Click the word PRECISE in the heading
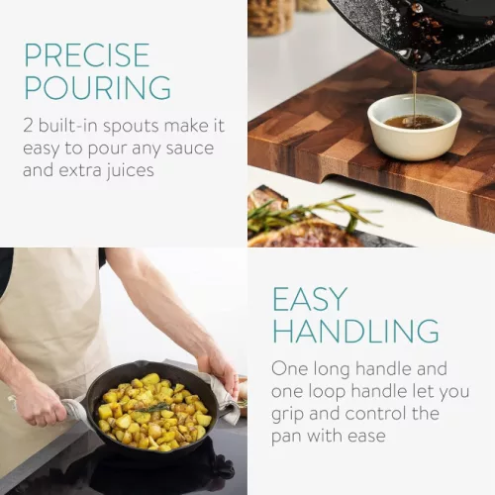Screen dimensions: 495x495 coord(87,54)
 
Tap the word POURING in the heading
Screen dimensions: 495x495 coord(98,87)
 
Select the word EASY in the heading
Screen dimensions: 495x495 coord(310,299)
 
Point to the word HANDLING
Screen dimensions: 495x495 coord(355,331)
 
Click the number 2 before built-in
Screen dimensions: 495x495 coord(28,126)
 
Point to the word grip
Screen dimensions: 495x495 coord(287,415)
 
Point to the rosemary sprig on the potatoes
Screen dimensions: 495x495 coord(152,409)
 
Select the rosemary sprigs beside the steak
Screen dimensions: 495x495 coord(314,211)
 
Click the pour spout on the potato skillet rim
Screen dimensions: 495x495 coord(146,365)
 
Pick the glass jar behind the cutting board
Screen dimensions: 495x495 coord(271,17)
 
